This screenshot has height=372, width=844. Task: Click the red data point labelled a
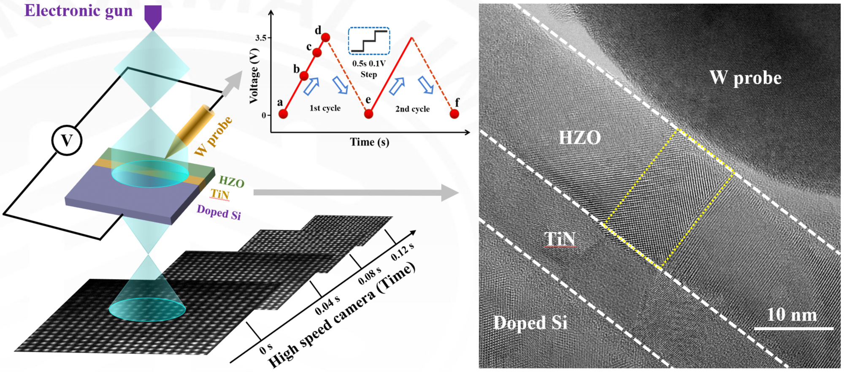[x=283, y=114]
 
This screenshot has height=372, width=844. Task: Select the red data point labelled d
[x=325, y=38]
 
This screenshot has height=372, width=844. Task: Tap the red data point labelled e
[x=368, y=114]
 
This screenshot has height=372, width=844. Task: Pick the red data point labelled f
[x=454, y=114]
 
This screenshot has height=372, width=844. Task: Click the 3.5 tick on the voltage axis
[x=261, y=38]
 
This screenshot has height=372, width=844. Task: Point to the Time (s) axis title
[x=369, y=142]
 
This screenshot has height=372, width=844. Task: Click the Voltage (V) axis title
[x=254, y=79]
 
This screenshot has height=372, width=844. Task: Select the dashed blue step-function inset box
[x=369, y=41]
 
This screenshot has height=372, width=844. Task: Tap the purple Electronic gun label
[x=78, y=11]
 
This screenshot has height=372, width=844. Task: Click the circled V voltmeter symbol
[x=67, y=140]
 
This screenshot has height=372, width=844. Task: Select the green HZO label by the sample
[x=231, y=182]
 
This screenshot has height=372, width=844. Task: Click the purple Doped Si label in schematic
[x=219, y=212]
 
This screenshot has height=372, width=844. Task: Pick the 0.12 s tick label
[x=402, y=252]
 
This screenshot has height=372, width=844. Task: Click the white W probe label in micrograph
[x=745, y=78]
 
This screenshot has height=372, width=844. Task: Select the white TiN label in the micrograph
[x=560, y=239]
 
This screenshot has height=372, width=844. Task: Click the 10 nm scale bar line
[x=793, y=328]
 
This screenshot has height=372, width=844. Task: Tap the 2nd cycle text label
[x=412, y=109]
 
